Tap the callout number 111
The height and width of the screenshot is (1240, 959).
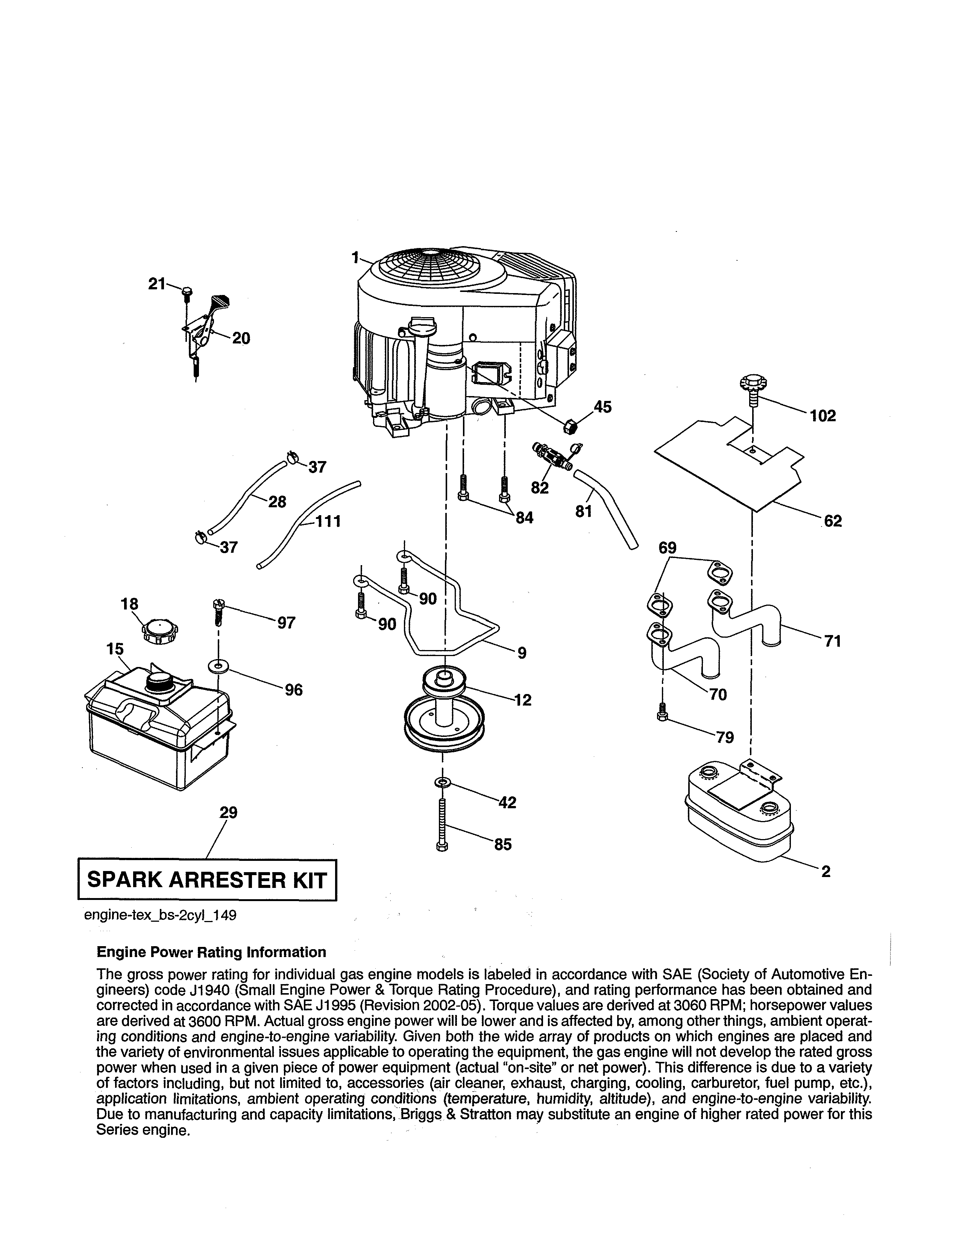tap(328, 521)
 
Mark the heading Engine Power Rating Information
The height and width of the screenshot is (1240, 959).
tap(211, 952)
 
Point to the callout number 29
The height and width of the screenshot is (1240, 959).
tap(228, 812)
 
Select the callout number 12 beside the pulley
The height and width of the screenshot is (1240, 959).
tap(523, 700)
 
